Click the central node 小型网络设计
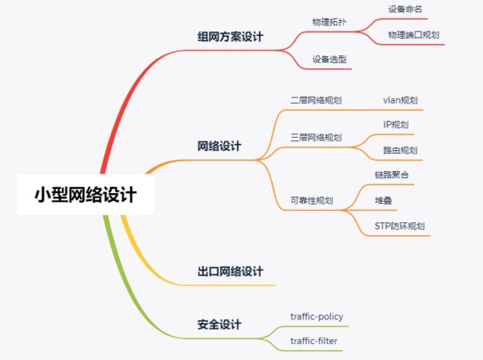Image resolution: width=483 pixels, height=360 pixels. [x=85, y=195]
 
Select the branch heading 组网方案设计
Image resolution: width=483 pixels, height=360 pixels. [x=230, y=37]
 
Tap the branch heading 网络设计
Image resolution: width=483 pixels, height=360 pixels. [x=219, y=146]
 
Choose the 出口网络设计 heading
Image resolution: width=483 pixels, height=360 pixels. [x=230, y=271]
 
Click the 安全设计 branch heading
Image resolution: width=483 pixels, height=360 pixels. [x=219, y=325]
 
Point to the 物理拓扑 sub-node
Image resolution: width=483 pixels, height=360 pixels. [x=329, y=22]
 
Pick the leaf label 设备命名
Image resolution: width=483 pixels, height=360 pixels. [x=405, y=10]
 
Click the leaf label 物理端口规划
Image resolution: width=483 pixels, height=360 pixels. [x=414, y=35]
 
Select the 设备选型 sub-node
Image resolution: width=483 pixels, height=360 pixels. [x=329, y=59]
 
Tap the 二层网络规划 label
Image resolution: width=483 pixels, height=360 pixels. [x=316, y=100]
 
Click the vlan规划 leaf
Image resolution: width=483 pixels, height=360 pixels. [x=400, y=100]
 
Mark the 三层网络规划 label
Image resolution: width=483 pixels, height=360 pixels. [x=316, y=137]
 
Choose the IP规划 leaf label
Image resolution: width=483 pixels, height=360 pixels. [x=396, y=125]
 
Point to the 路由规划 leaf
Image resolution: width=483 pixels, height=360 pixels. [x=400, y=150]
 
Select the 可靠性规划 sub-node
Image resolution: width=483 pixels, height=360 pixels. [x=312, y=201]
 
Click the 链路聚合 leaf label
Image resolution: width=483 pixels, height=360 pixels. [x=392, y=175]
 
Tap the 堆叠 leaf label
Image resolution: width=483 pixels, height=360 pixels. [x=383, y=201]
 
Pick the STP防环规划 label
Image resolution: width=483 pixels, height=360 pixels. [x=400, y=226]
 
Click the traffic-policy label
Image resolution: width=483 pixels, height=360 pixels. [x=317, y=317]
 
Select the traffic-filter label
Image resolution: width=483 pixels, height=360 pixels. [x=314, y=341]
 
